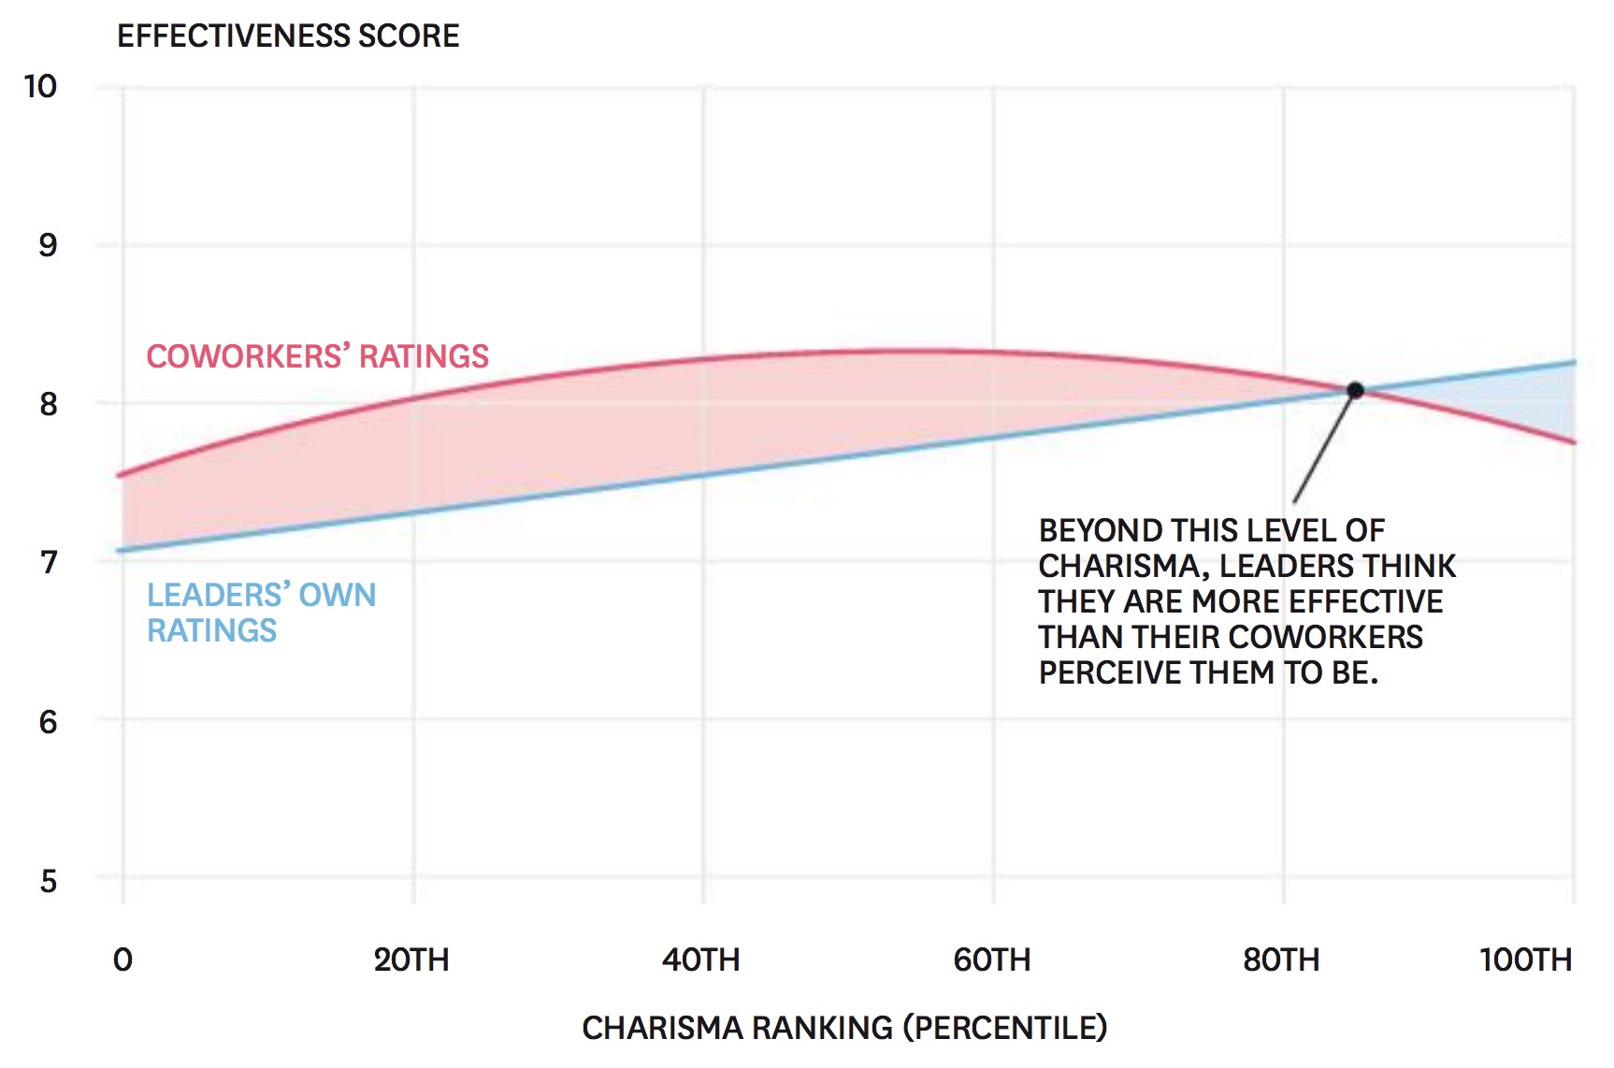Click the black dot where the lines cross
(1355, 390)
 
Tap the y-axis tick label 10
(40, 87)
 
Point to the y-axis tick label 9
(48, 245)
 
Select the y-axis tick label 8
(48, 404)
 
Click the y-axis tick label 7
(48, 563)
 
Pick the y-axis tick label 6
(48, 722)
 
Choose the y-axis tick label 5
(48, 881)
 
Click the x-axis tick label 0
(122, 960)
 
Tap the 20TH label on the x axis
(411, 960)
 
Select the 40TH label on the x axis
(701, 960)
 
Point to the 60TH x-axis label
(992, 960)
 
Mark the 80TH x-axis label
(1281, 960)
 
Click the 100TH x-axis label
(1525, 960)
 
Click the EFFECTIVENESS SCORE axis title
(288, 36)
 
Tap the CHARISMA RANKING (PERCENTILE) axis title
(844, 1028)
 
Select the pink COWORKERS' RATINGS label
(317, 356)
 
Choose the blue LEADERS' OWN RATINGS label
(261, 613)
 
